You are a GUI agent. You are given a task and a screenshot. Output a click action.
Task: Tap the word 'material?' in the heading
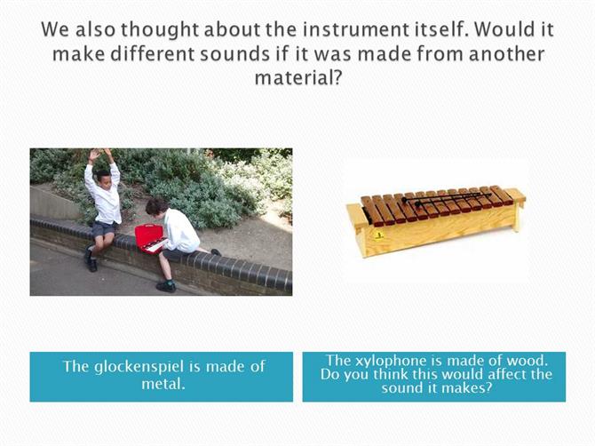[298, 78]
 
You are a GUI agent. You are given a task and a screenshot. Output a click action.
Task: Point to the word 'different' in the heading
[153, 53]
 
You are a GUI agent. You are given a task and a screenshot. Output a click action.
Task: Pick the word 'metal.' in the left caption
[163, 384]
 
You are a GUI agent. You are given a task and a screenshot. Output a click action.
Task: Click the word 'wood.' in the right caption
[528, 360]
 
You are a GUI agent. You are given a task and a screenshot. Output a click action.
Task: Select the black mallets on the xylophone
[446, 198]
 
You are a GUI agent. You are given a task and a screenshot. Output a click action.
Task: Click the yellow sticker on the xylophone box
[378, 235]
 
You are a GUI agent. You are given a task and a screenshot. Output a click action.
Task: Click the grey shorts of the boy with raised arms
[104, 228]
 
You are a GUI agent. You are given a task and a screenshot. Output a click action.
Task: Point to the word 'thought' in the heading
[160, 30]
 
